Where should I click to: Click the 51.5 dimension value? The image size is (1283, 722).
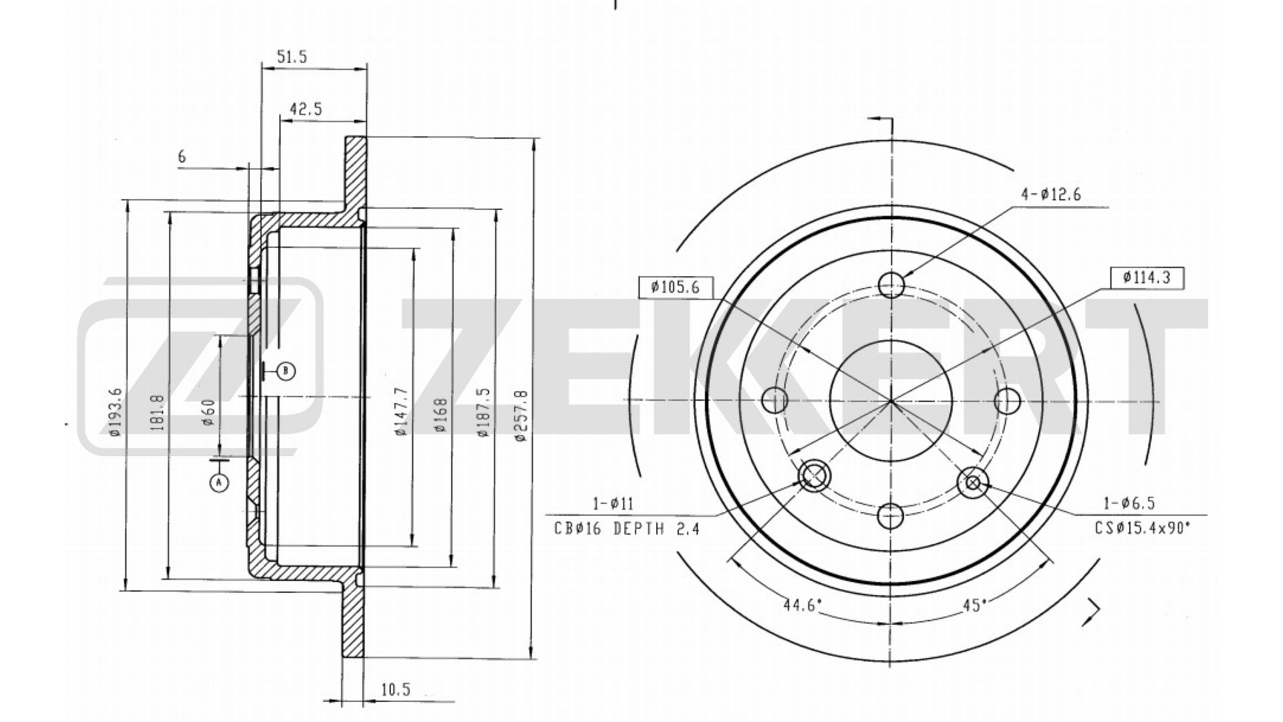(x=291, y=57)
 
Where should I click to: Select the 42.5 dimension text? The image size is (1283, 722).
(x=306, y=110)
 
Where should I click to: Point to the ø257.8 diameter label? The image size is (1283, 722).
(x=522, y=416)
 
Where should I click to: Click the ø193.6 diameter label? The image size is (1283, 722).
(x=115, y=412)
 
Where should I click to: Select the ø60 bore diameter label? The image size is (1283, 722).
(x=208, y=412)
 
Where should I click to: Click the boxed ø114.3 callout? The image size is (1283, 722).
(x=1147, y=277)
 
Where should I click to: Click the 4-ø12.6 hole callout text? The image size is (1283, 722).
(x=1050, y=195)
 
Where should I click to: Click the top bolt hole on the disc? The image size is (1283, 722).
(x=891, y=285)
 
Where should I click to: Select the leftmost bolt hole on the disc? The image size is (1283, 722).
(x=775, y=400)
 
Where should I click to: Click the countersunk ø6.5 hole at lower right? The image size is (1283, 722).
(x=973, y=482)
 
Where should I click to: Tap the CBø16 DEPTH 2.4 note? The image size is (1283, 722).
(x=626, y=529)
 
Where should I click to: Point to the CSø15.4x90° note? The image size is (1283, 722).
(x=1143, y=528)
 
